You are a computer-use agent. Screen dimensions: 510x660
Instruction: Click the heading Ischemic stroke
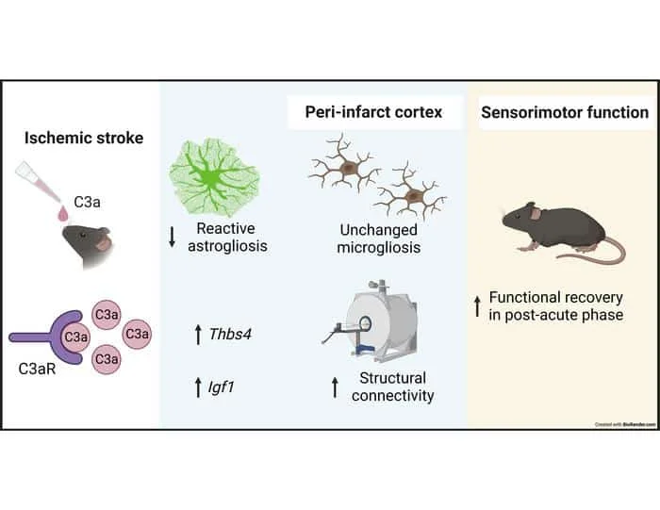(x=83, y=139)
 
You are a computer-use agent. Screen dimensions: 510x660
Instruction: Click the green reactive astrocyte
(x=213, y=176)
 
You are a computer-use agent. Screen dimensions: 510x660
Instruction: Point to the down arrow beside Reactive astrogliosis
(x=173, y=237)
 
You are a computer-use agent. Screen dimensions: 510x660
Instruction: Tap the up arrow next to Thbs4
(x=197, y=332)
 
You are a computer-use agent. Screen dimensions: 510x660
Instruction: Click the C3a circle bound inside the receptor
(x=75, y=335)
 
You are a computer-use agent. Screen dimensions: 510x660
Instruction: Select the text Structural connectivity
(x=392, y=387)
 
